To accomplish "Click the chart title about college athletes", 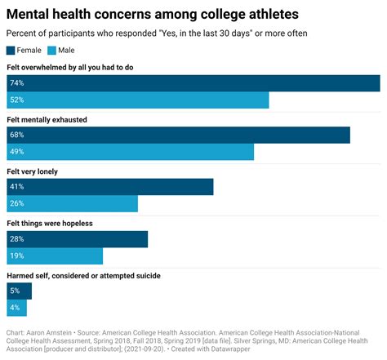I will (x=153, y=14).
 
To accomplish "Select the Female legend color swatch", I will (x=11, y=51).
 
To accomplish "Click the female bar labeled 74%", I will (x=193, y=83).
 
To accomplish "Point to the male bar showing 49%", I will (x=130, y=153).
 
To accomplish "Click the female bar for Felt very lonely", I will (x=109, y=187).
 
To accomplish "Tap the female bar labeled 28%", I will (x=77, y=239).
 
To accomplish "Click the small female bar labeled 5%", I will (x=19, y=291).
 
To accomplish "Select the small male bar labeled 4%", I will (x=16, y=309).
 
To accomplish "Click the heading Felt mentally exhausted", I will (x=58, y=120).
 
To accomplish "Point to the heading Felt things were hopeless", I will (x=61, y=224).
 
